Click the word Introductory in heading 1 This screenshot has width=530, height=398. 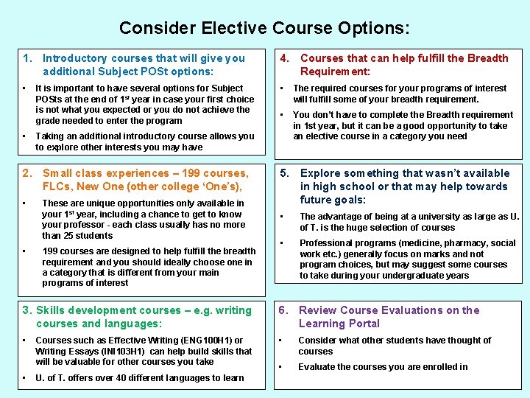click(x=74, y=58)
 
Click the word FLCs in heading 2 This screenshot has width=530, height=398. click(x=56, y=186)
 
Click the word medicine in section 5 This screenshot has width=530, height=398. click(x=398, y=242)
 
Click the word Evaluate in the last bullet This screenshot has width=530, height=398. click(x=318, y=367)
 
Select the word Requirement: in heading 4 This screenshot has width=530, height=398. click(x=335, y=71)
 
